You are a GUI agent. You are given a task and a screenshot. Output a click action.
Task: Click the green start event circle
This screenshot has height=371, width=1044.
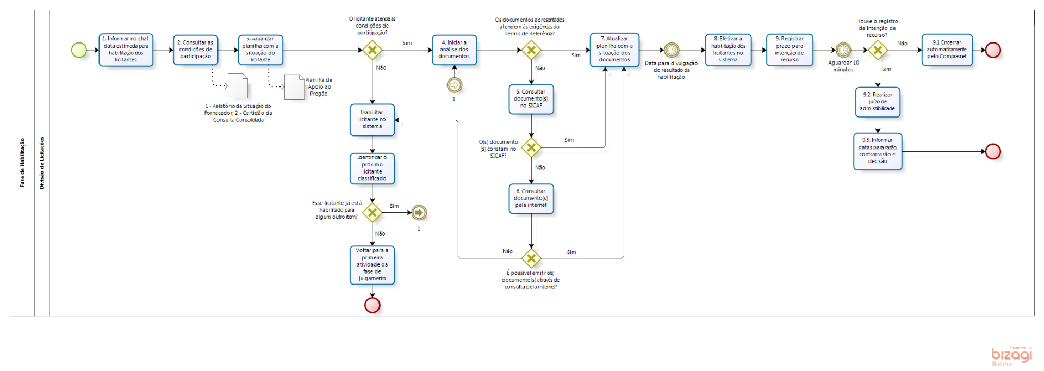tap(79, 50)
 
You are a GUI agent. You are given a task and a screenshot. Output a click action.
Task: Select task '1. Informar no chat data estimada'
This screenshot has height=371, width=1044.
tap(126, 50)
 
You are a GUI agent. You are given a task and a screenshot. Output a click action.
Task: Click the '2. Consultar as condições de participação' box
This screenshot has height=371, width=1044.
tap(195, 50)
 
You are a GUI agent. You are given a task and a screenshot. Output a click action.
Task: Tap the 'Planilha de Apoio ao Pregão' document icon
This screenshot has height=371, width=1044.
tap(294, 86)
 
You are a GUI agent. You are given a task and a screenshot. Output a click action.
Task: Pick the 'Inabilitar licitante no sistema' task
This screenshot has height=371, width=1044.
tap(372, 120)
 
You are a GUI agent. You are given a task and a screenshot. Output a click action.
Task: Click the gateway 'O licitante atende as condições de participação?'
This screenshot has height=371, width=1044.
tap(372, 50)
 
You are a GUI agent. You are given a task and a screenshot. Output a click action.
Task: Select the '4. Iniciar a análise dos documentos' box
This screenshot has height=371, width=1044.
tap(454, 50)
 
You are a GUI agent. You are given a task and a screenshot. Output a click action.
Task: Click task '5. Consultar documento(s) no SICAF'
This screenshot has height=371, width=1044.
tap(531, 99)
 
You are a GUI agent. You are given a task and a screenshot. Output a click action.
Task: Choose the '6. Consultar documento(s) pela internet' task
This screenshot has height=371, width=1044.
tap(531, 199)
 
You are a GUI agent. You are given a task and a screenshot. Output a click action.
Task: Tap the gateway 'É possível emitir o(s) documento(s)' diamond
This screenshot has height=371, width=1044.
tap(531, 258)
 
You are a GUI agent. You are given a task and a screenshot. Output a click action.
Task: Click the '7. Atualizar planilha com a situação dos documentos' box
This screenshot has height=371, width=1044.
tap(614, 50)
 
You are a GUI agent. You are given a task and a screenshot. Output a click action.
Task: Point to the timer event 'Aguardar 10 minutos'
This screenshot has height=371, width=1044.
tap(843, 50)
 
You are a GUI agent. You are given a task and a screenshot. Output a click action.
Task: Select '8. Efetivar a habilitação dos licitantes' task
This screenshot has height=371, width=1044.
tap(728, 50)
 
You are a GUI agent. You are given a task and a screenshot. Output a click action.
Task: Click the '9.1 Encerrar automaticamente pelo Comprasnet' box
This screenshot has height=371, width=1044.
tap(947, 50)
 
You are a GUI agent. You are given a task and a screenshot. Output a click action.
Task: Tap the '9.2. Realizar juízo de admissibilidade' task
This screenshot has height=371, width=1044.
tap(877, 102)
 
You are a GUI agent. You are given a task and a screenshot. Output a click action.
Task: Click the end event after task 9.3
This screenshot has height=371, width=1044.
tap(993, 151)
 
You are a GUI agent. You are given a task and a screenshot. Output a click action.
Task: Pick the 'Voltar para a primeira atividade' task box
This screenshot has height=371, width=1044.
tap(372, 265)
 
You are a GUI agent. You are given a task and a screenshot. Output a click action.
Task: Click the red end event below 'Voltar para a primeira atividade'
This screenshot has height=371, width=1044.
tap(372, 305)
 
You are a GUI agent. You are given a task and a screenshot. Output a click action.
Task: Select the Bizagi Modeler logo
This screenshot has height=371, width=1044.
tap(1011, 356)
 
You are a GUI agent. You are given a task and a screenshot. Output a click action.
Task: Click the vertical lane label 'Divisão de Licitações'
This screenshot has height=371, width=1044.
tap(42, 163)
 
